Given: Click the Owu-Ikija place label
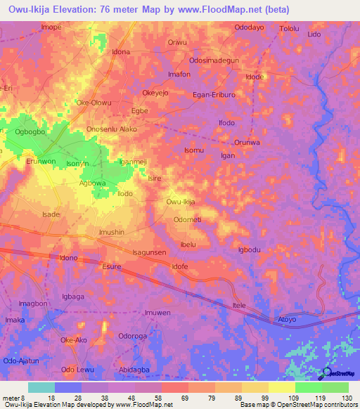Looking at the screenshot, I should coord(180,202).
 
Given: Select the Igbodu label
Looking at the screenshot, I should coord(250,250).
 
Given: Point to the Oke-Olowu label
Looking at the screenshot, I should coord(94,103).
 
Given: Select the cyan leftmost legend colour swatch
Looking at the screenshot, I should coord(41,387).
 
